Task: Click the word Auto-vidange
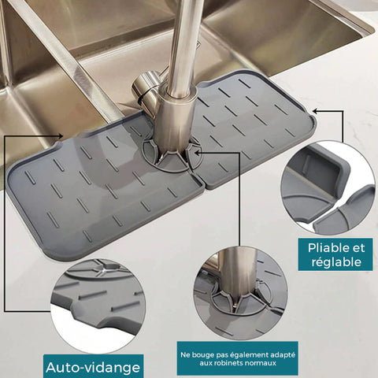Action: tap(93, 368)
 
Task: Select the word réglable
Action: tap(336, 262)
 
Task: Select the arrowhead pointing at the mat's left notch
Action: tap(60, 135)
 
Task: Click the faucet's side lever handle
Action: tap(145, 88)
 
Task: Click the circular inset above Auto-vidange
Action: tap(98, 306)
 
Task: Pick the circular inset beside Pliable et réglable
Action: tap(328, 188)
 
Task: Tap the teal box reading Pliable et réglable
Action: tap(335, 254)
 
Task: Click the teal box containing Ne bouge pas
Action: tap(237, 358)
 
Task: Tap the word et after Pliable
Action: tap(358, 248)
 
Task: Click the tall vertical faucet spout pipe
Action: tap(183, 47)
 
